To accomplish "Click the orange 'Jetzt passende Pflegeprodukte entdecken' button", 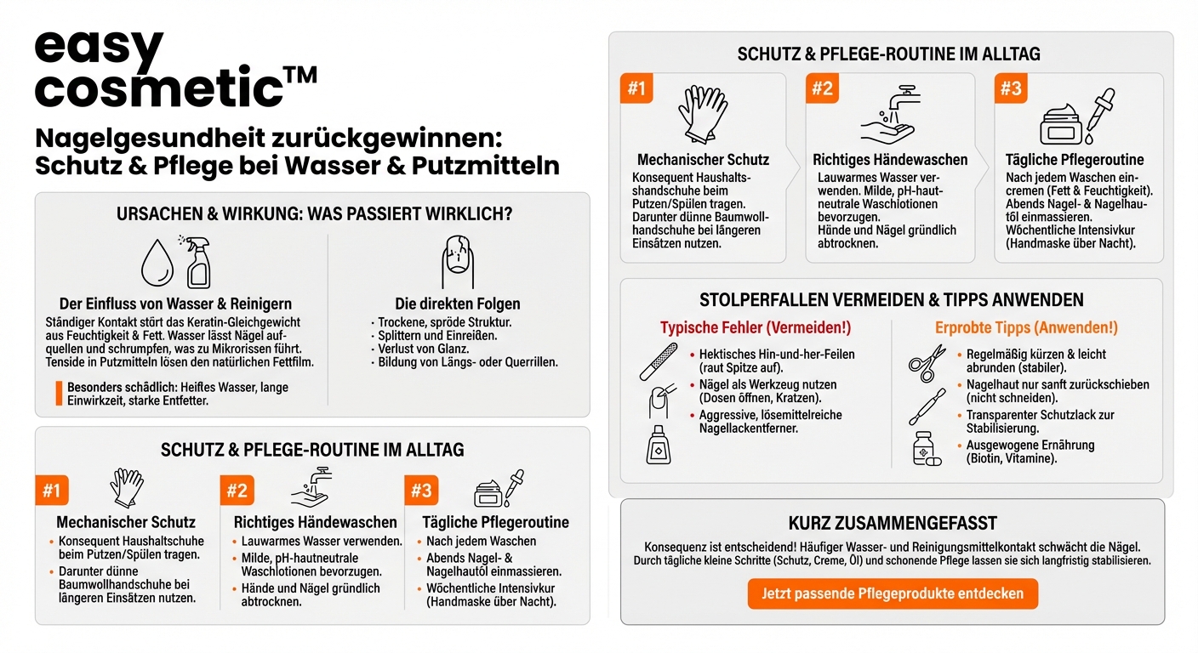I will tap(893, 593).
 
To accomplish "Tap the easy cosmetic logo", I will tap(174, 70).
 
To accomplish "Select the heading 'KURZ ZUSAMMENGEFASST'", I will tap(893, 523).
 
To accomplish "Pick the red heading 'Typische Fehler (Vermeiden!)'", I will tap(756, 327).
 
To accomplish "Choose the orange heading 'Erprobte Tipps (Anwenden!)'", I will tap(1026, 327).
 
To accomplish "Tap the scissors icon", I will tap(927, 362).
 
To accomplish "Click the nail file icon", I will tap(659, 361).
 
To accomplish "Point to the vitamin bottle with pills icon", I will tap(927, 448).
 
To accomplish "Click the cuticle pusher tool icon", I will tap(927, 406).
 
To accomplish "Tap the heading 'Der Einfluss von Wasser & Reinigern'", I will tap(175, 304).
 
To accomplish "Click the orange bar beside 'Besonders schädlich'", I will tap(59, 393).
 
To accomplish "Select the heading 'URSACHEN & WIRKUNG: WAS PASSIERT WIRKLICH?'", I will tap(314, 214).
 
